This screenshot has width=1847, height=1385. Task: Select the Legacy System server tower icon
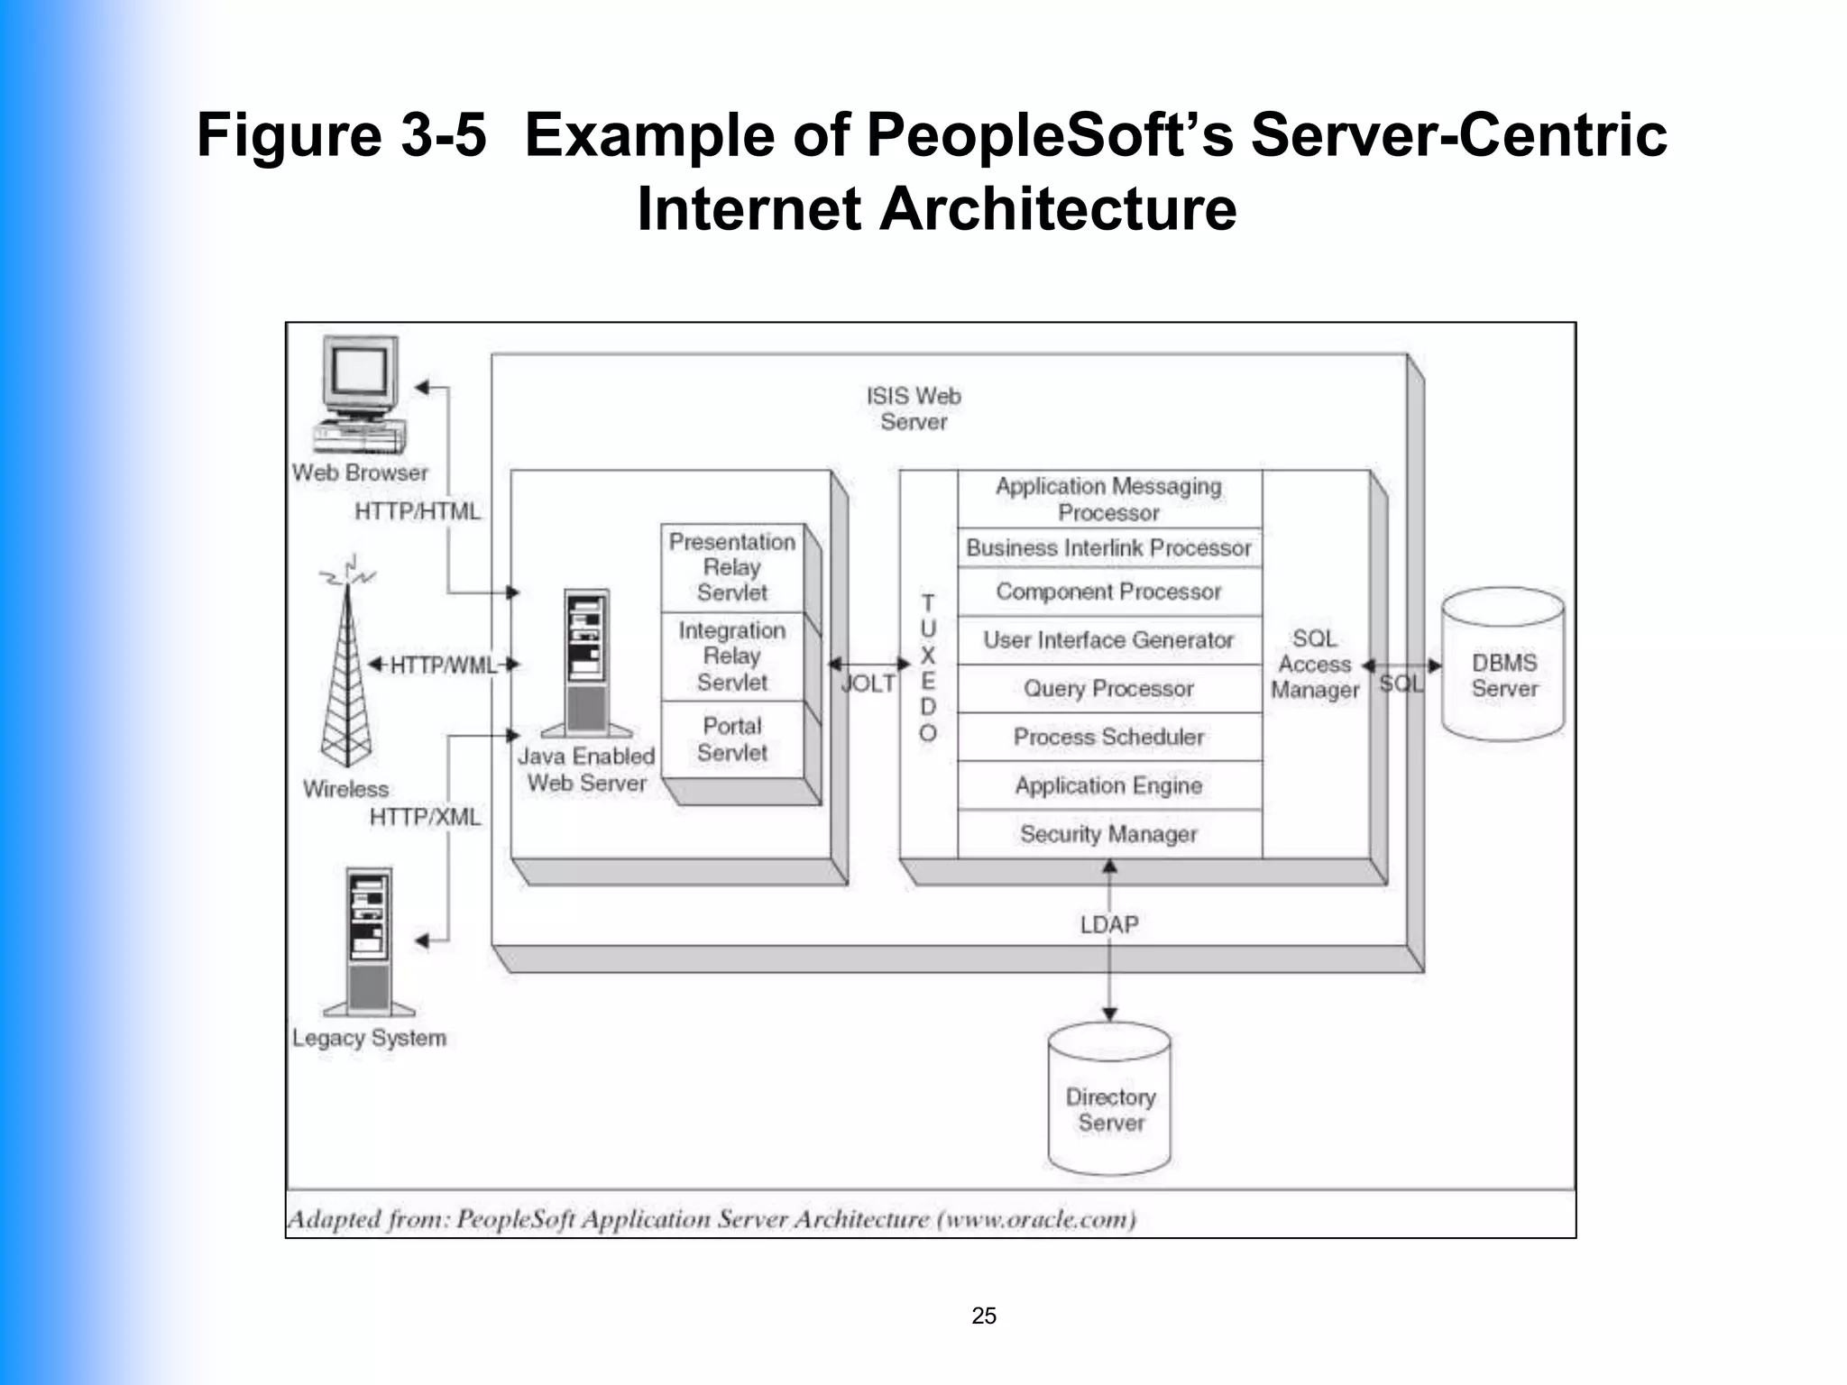point(369,942)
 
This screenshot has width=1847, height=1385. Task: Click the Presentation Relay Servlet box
point(731,567)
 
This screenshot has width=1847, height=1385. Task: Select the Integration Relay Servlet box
point(731,656)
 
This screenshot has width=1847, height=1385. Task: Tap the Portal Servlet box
point(731,739)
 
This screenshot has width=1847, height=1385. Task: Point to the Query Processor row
point(1108,689)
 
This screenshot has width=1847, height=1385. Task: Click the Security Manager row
point(1108,834)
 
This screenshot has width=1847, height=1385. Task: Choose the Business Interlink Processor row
point(1108,547)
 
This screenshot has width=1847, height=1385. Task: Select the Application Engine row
point(1108,785)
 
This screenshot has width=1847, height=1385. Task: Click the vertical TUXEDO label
point(927,667)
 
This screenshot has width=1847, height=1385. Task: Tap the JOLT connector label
point(868,683)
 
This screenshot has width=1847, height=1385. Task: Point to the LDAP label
point(1108,924)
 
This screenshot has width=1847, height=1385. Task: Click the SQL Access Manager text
point(1314,665)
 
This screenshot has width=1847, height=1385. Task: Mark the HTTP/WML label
point(443,665)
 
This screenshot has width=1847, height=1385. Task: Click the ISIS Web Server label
point(913,408)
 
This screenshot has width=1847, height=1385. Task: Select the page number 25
point(983,1316)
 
